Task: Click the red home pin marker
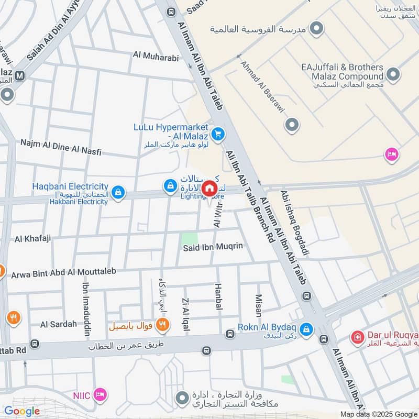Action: click(x=210, y=189)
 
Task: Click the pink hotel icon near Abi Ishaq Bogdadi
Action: click(x=391, y=154)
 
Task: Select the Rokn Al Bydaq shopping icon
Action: click(x=307, y=329)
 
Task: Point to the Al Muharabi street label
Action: click(x=156, y=57)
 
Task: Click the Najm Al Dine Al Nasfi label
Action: click(x=60, y=147)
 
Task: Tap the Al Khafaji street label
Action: click(x=32, y=239)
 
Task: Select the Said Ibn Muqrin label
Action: click(x=213, y=246)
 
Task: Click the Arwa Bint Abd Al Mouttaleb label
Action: click(x=63, y=272)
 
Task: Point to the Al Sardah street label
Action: click(x=58, y=324)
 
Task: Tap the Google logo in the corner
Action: click(x=21, y=411)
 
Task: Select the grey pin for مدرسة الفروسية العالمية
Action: click(x=316, y=28)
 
